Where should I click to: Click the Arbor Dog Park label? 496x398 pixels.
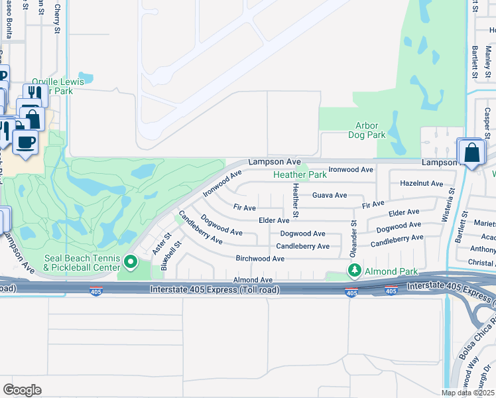(x=367, y=130)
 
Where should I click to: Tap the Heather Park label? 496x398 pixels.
(x=300, y=175)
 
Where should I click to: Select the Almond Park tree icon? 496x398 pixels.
(x=355, y=271)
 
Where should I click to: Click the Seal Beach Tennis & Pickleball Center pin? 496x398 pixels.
(x=130, y=263)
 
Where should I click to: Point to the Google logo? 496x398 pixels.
(x=22, y=389)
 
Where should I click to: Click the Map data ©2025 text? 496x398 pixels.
(x=468, y=393)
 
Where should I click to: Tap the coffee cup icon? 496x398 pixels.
(x=26, y=143)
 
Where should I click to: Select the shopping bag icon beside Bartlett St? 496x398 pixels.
(x=471, y=153)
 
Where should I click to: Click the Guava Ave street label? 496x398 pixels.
(x=330, y=195)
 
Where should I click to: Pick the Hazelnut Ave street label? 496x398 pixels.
(x=422, y=183)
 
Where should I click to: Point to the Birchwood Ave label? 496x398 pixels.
(x=260, y=258)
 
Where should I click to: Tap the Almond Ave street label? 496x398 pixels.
(x=253, y=281)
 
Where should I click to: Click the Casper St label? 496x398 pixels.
(x=487, y=119)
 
